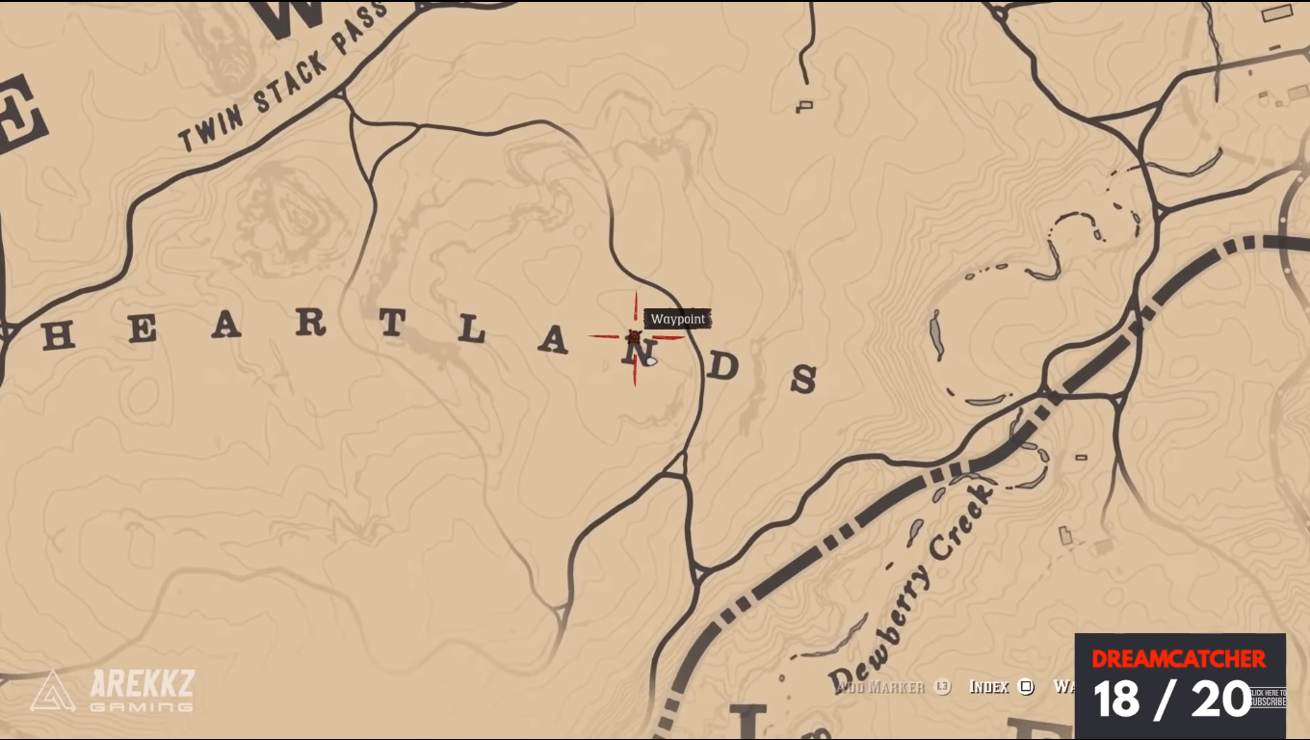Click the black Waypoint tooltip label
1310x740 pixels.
point(678,319)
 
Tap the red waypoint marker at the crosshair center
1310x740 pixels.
point(634,336)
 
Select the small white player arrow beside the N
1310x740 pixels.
point(651,361)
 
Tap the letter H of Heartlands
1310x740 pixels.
point(59,335)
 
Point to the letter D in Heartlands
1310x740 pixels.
point(725,366)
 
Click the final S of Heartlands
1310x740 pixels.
point(803,381)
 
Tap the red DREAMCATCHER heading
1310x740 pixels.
point(1179,659)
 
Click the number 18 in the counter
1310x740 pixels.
point(1117,700)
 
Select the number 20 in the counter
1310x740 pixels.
point(1220,700)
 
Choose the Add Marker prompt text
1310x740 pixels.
point(879,687)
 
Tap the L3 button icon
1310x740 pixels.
point(942,687)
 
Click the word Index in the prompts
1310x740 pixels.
point(988,687)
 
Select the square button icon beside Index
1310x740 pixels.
point(1026,687)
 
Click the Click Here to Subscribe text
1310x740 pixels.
point(1268,697)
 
